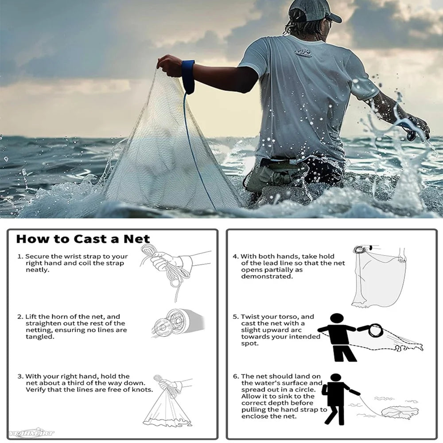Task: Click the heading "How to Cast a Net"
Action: (83, 239)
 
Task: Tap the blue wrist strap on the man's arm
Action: (188, 76)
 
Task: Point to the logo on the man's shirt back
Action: (303, 53)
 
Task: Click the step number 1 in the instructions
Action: (19, 256)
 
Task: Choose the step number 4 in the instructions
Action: (235, 256)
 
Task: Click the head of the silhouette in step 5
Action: (337, 320)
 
